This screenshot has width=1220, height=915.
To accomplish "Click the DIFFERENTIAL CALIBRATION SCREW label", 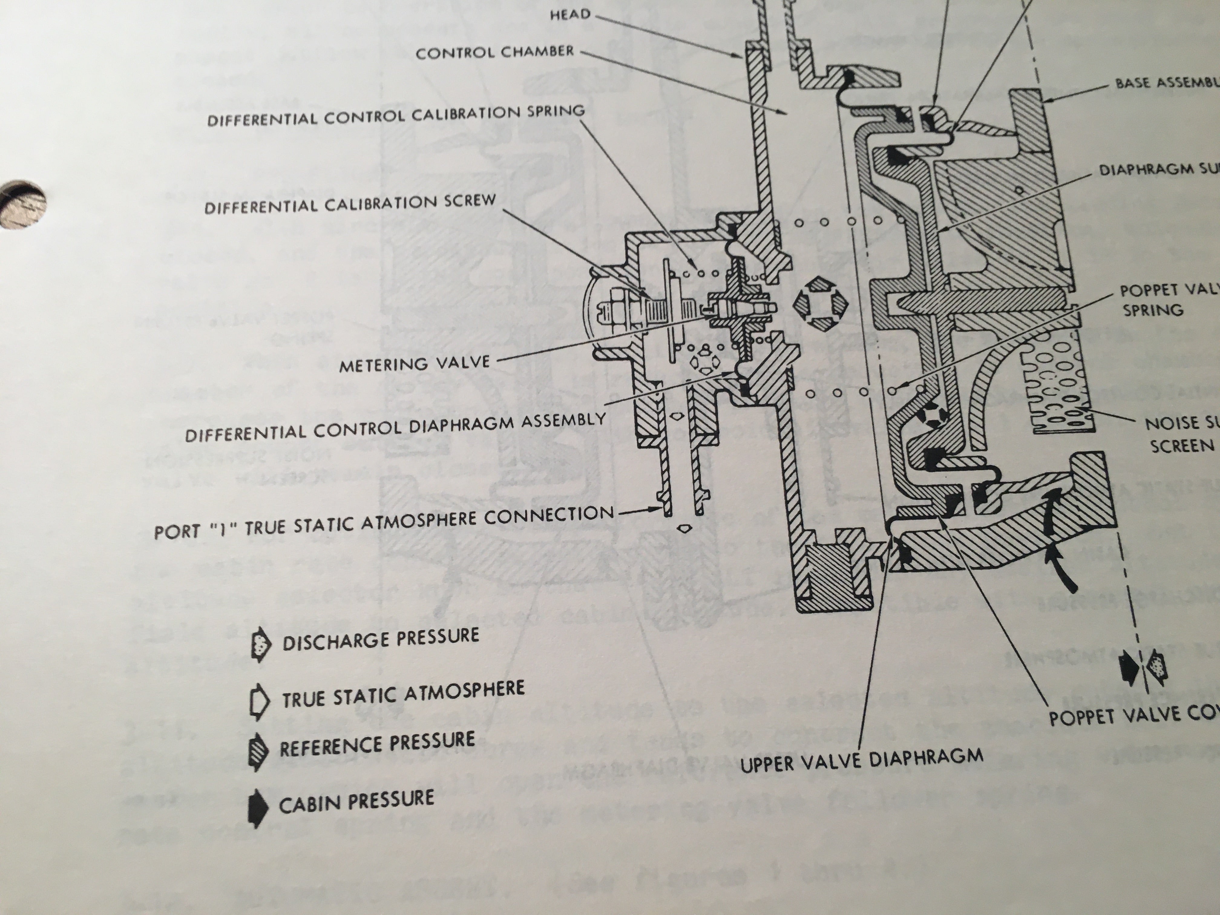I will [350, 204].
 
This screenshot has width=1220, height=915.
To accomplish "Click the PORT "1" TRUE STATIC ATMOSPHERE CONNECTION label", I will [384, 522].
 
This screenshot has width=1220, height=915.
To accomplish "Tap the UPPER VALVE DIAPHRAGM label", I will [861, 759].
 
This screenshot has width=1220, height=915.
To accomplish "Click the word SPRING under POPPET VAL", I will [1153, 310].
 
